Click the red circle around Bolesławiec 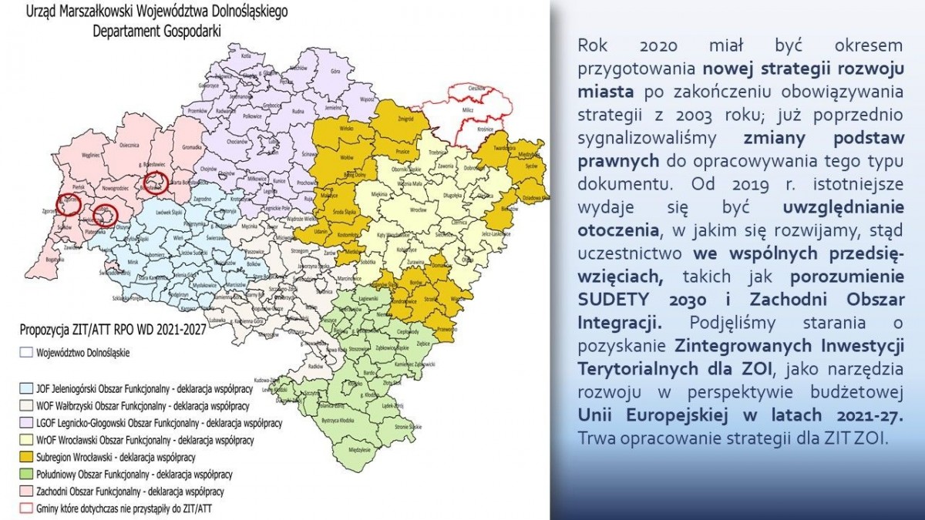[x=156, y=183]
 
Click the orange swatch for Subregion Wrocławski [x=26, y=456]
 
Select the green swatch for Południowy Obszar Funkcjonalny [x=26, y=474]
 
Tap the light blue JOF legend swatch [x=26, y=388]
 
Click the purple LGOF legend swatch [x=26, y=423]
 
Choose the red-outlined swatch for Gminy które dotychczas [x=26, y=508]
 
